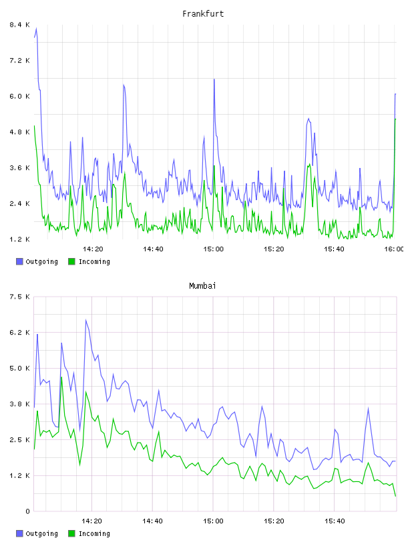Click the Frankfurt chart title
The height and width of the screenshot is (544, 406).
click(203, 14)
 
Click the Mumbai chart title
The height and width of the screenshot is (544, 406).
click(202, 286)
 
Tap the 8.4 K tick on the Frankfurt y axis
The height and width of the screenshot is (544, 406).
click(19, 25)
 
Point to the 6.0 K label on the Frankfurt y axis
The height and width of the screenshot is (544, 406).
click(19, 96)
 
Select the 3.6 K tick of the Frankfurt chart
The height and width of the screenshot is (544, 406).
click(19, 167)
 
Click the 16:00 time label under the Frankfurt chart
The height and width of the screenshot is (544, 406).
click(394, 249)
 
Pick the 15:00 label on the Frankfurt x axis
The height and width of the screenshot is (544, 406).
click(214, 249)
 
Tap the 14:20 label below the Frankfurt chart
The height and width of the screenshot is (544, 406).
click(93, 249)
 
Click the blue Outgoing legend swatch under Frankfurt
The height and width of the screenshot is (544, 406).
click(19, 261)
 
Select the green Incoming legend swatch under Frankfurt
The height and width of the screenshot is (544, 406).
click(71, 261)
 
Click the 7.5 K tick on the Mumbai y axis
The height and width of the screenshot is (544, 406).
click(19, 297)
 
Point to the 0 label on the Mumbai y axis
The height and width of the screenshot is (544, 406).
click(27, 511)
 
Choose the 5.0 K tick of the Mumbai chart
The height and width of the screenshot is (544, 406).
click(19, 368)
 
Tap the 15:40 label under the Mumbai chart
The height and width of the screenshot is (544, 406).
click(335, 521)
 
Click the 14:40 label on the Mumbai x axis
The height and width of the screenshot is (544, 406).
click(153, 521)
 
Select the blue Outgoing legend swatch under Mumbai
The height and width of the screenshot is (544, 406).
click(19, 533)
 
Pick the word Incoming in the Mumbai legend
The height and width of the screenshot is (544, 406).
click(94, 533)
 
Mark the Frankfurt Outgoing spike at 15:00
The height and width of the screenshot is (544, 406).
click(214, 79)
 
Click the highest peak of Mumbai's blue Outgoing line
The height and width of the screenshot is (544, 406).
click(86, 320)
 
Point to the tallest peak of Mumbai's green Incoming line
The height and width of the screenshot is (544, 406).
click(61, 377)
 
